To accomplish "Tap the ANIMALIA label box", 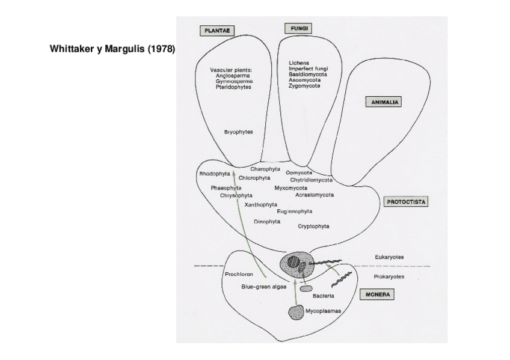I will pos(383,102).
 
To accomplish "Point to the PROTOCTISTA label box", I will pos(405,202).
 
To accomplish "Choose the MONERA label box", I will pos(377,294).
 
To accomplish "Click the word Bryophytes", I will pos(238,132).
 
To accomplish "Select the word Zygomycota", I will pos(304,86).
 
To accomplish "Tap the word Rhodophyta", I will pos(214,174).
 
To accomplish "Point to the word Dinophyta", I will pos(267,222).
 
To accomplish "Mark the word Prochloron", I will pos(238,274).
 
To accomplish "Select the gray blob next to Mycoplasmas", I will pos(296,312).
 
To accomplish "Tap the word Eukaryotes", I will pos(389,257).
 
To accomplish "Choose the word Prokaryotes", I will pos(389,276).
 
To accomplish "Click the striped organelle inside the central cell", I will pos(293,262).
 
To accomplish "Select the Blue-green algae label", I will pos(263,287).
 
